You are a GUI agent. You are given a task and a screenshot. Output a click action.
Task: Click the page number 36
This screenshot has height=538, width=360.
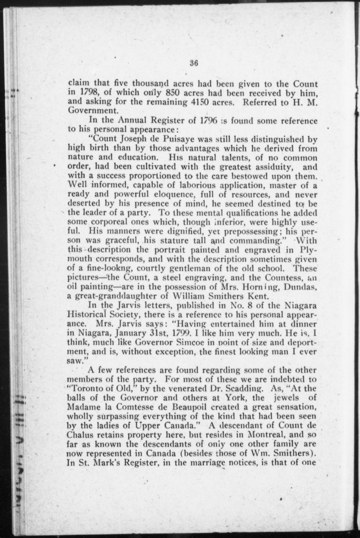(194, 63)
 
